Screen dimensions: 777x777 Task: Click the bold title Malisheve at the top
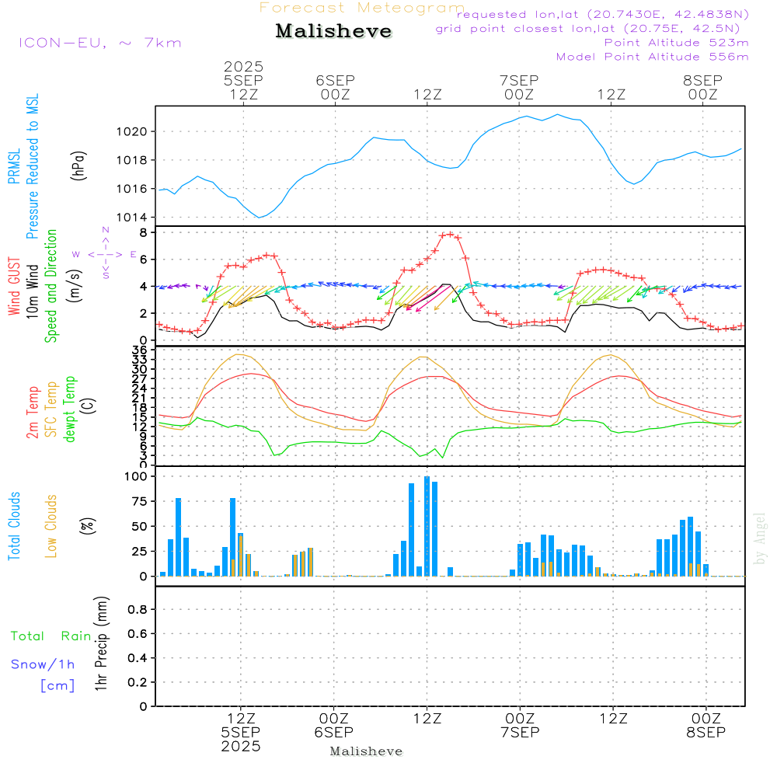point(333,31)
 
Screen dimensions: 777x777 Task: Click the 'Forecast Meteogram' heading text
point(362,8)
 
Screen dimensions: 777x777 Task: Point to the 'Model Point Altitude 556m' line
point(652,56)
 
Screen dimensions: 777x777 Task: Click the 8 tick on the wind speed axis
point(144,232)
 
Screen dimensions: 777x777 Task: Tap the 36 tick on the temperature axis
point(140,350)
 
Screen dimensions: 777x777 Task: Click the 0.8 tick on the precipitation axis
point(138,609)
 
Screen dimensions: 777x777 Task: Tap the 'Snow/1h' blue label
point(43,664)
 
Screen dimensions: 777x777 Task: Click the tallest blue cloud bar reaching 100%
point(427,526)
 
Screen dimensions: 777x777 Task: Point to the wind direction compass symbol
point(105,254)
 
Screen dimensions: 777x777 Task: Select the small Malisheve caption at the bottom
point(366,751)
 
